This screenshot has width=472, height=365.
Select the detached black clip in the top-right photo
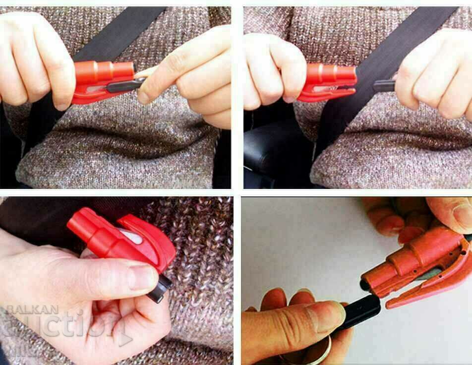point(384,86)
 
